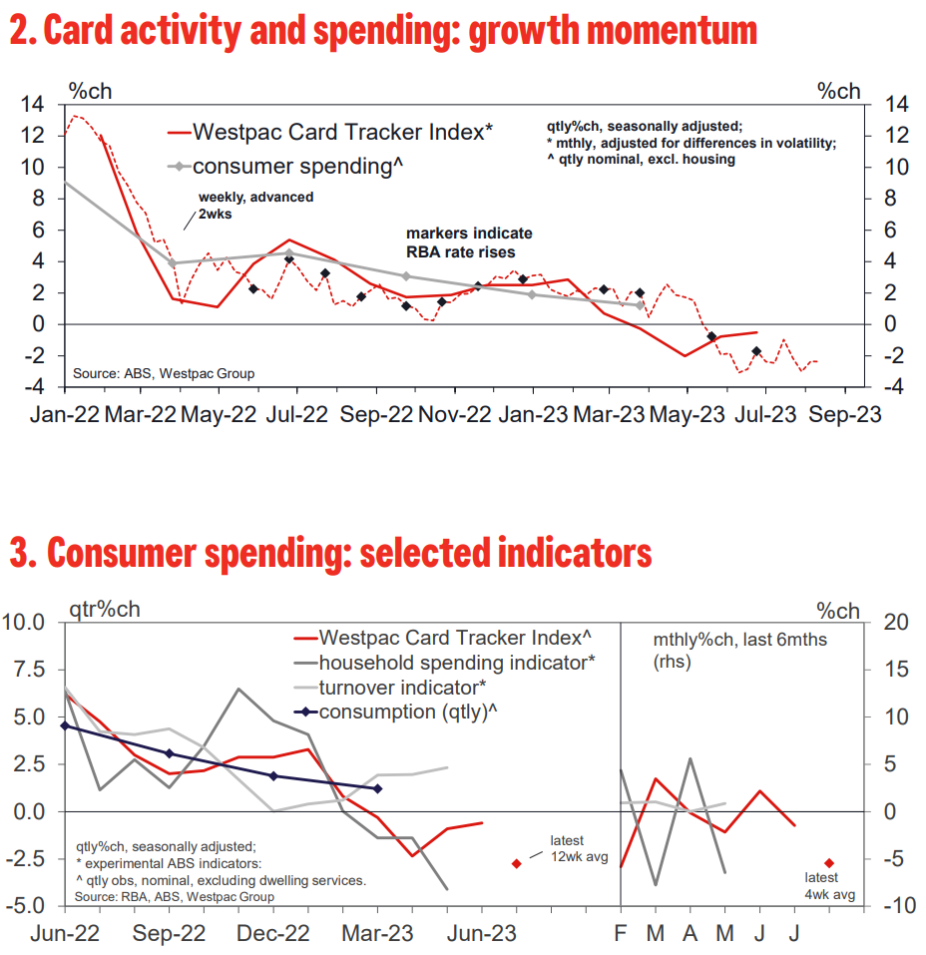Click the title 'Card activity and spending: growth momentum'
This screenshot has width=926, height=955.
coord(383,32)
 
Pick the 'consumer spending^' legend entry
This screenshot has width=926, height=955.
coord(300,166)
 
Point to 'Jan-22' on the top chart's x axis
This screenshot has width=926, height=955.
coord(66,415)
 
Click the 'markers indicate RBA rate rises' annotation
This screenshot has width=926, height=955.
coord(468,242)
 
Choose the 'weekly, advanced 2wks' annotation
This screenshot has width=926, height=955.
coord(255,205)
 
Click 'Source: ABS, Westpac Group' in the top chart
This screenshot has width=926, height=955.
coord(164,373)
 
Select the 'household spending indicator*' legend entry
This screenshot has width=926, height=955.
coord(457,662)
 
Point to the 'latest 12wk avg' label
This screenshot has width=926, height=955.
coord(567,848)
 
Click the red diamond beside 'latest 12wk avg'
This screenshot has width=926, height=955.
coord(517,863)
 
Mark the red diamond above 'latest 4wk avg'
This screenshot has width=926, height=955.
coord(829,862)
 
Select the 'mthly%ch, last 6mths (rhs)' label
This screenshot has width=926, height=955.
coord(739,650)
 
